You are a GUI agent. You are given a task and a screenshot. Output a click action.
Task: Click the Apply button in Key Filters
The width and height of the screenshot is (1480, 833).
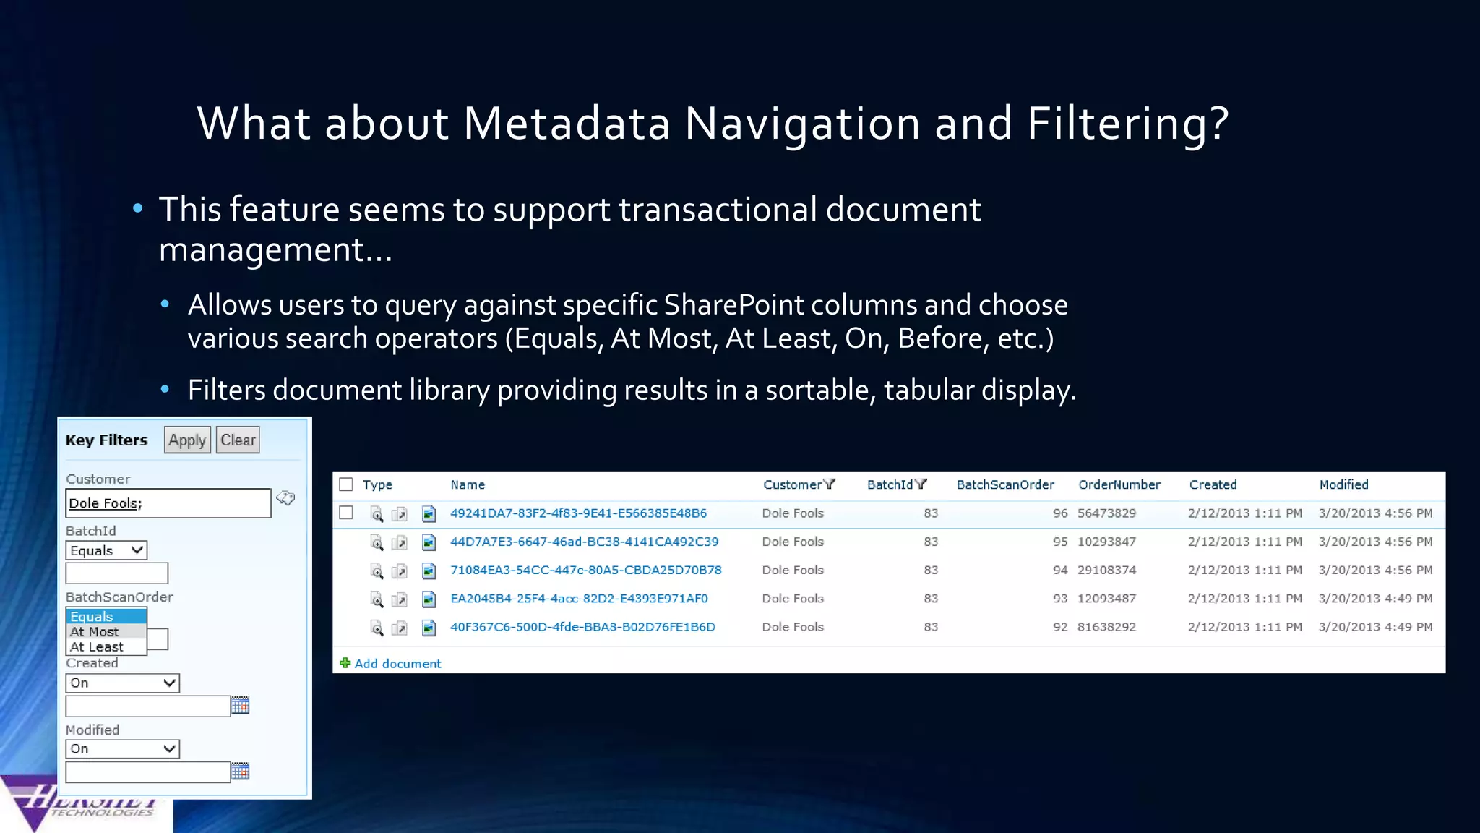187,440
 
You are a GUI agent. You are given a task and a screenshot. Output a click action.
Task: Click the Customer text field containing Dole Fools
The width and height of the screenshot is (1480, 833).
168,503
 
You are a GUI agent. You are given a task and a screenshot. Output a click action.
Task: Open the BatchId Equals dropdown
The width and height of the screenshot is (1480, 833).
106,550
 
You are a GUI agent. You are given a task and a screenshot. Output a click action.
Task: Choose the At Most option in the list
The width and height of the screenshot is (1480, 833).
95,632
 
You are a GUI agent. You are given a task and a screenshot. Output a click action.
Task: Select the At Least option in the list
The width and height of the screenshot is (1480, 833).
97,647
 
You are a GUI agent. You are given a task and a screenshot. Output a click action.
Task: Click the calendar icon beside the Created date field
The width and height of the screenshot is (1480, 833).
240,706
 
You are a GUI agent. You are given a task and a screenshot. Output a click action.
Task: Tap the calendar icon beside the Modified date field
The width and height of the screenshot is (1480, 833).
240,772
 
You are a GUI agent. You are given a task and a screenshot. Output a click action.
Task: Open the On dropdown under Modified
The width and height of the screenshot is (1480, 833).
122,749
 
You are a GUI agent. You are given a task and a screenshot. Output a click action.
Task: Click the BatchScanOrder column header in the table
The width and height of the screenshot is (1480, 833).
1004,484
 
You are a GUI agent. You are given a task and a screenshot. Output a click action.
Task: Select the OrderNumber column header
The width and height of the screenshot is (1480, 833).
1119,484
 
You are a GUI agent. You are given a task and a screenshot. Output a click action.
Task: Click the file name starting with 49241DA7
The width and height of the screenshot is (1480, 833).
578,513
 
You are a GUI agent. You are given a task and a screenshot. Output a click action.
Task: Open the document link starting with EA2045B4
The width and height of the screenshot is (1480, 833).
579,599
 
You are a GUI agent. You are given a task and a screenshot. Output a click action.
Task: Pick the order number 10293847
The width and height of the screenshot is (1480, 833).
1106,542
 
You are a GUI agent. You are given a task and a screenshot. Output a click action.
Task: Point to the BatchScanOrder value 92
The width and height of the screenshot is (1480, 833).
1059,627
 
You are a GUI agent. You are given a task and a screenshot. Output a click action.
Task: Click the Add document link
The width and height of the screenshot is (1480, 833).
397,664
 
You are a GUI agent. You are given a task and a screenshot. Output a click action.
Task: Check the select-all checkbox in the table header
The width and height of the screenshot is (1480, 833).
346,484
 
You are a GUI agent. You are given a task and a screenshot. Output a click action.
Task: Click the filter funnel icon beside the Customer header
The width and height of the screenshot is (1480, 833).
829,484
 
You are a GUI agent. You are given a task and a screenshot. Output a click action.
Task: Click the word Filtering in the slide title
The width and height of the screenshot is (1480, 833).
1127,123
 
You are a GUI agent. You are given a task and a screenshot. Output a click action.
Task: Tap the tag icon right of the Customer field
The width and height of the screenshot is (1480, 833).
286,498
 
